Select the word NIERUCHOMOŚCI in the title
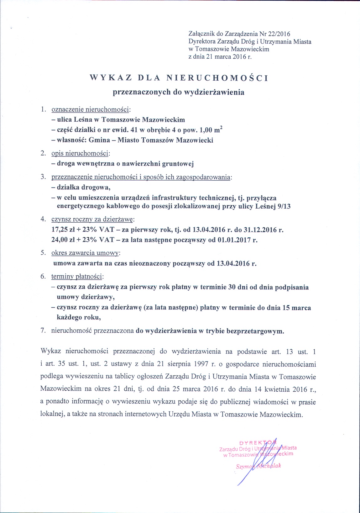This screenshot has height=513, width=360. point(217,78)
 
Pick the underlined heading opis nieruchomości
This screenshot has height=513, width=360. point(81,154)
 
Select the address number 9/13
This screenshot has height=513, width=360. point(284,207)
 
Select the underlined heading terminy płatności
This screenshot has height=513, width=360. point(77,277)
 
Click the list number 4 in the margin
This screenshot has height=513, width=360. point(43,219)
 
